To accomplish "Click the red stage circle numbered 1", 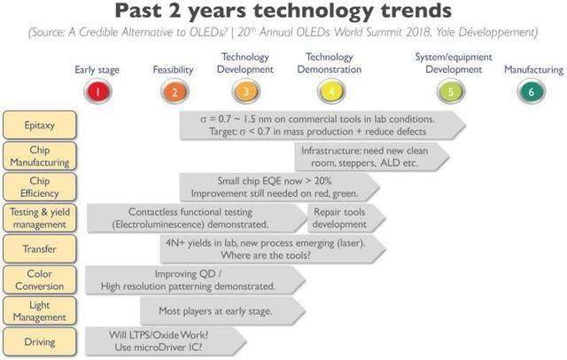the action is (97, 91).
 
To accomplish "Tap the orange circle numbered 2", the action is (175, 91).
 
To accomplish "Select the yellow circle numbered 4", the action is (331, 91).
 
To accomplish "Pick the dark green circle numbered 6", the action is (531, 91).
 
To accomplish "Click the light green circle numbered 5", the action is (451, 91).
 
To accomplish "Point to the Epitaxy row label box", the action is (40, 125).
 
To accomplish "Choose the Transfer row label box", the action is (40, 249).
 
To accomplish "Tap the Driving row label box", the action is (40, 342).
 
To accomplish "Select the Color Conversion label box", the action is (40, 279).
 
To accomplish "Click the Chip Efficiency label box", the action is (40, 187).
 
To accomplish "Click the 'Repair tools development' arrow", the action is (346, 218).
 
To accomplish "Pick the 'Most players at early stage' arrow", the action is (222, 311).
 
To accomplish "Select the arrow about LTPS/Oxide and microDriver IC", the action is (166, 341).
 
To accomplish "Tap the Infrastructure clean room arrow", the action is (372, 157).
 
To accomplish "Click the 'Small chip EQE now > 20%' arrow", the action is (280, 187).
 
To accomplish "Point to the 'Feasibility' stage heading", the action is (173, 69).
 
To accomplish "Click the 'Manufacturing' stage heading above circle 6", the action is (533, 69).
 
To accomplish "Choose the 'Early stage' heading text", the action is (97, 70).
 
